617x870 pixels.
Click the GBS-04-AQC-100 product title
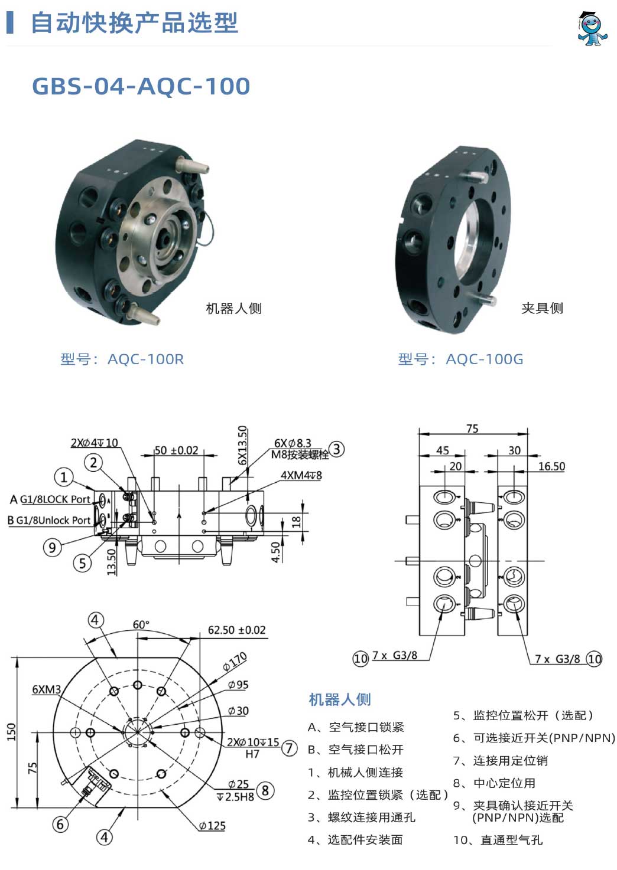[141, 86]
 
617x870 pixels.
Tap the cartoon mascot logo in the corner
[592, 28]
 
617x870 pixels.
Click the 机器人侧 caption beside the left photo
[233, 308]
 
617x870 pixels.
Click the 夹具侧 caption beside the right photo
[542, 308]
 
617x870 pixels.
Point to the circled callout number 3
[337, 449]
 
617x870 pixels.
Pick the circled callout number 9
[52, 547]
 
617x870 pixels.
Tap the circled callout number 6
[60, 824]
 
